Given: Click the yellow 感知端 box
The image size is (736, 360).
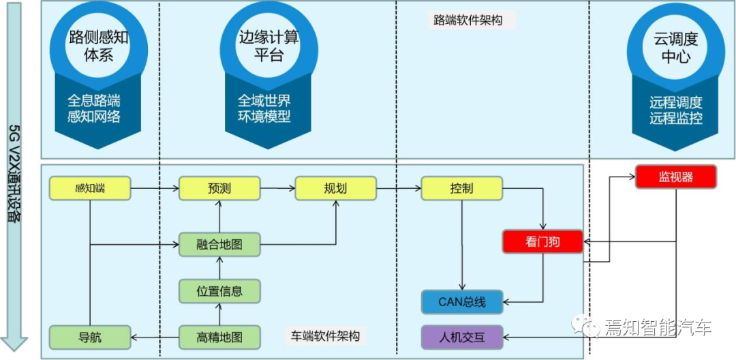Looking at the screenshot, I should click(x=90, y=188).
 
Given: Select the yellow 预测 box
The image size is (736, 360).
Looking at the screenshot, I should click(x=219, y=188).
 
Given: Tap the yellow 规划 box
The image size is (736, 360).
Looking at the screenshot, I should click(x=335, y=188).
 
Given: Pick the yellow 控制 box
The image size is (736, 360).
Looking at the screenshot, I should click(x=461, y=188).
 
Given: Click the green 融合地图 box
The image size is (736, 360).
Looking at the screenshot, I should click(x=219, y=244).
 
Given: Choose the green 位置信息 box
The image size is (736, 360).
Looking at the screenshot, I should click(x=219, y=290).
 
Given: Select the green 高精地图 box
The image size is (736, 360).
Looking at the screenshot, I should click(x=219, y=336).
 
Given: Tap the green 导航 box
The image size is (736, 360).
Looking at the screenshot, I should click(x=90, y=336).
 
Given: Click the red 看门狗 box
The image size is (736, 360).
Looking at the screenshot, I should click(x=542, y=241).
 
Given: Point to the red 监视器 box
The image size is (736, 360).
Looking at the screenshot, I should click(x=675, y=177).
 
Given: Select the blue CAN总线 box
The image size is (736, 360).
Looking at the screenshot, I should click(x=461, y=301).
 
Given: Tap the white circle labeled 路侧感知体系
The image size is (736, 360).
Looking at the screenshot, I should click(x=97, y=46).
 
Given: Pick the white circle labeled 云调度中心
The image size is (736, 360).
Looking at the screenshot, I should click(x=675, y=46).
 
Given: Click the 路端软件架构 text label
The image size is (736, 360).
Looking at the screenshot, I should click(x=467, y=20).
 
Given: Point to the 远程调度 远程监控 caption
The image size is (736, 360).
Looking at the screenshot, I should click(x=675, y=110).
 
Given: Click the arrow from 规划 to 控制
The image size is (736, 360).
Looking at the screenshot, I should click(x=398, y=188).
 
